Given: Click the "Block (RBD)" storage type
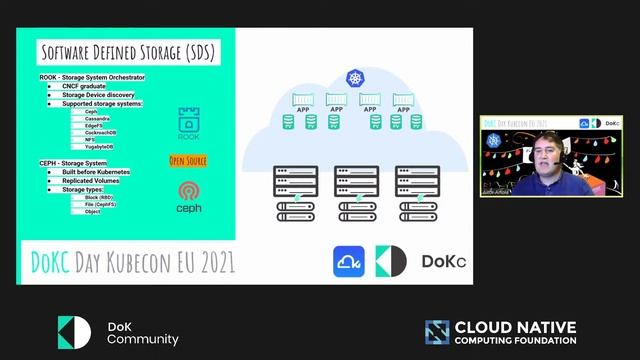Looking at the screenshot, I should pos(98,198).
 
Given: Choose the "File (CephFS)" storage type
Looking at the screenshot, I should pos(100,205).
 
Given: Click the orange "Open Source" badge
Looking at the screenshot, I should pos(188,160).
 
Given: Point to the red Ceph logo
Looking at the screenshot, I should pos(188,190).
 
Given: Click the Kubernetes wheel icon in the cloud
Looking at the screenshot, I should pos(354,77).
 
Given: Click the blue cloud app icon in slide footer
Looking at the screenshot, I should pos(349,261).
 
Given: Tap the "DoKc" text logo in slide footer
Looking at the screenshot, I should pos(443,262).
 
